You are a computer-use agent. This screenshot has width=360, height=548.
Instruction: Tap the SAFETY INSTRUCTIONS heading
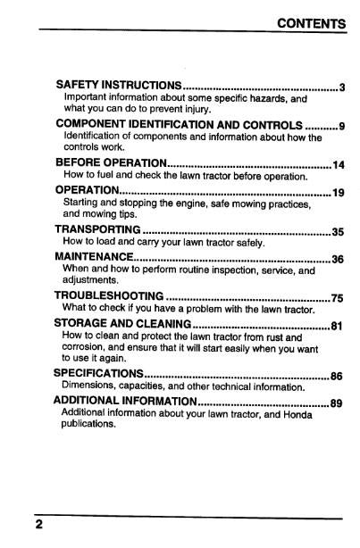click(119, 87)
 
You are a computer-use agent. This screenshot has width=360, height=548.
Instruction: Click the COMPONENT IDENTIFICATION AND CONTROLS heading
click(179, 123)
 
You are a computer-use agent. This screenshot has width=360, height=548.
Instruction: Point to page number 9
click(342, 125)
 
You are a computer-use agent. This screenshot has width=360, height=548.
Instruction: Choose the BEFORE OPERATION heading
click(111, 164)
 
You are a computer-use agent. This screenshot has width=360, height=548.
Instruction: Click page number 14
click(339, 165)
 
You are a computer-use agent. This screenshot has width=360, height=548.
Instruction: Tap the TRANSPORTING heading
click(98, 230)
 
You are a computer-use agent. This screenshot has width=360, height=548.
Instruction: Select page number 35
click(338, 232)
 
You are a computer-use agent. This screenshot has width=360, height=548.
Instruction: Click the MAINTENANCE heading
click(97, 258)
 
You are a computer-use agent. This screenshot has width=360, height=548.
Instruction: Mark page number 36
click(338, 260)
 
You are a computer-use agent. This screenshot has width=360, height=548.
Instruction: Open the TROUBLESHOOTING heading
click(108, 296)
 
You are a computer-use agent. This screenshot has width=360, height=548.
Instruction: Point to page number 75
click(338, 298)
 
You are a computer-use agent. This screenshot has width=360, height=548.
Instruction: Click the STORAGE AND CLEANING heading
click(123, 323)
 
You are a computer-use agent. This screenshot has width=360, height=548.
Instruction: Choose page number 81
click(337, 326)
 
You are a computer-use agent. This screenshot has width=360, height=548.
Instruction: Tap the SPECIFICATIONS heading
click(98, 373)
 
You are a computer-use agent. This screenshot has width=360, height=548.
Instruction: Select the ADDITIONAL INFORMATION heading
click(126, 401)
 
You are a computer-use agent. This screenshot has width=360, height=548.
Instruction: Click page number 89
click(337, 403)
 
